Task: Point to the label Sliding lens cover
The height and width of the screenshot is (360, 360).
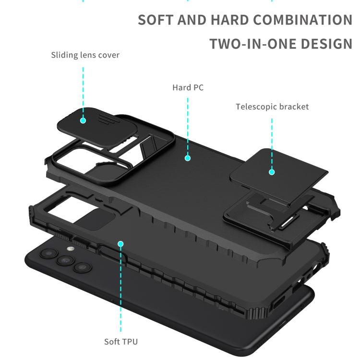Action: click(x=85, y=55)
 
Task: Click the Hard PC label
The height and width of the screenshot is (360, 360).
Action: click(x=188, y=87)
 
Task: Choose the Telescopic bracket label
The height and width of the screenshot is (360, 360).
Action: click(x=272, y=107)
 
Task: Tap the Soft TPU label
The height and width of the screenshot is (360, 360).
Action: click(x=121, y=342)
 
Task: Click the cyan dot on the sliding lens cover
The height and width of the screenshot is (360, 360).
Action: click(x=83, y=120)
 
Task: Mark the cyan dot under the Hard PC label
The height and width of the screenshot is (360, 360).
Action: click(x=188, y=158)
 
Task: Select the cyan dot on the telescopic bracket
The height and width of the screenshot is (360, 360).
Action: click(x=272, y=172)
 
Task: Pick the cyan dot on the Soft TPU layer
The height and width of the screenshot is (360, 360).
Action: click(x=120, y=244)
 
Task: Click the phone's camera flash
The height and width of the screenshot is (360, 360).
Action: click(x=71, y=249)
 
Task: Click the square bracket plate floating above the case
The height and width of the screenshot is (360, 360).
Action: click(x=278, y=176)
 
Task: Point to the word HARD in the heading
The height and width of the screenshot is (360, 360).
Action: click(x=230, y=20)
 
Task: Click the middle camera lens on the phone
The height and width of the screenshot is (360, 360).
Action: click(x=65, y=260)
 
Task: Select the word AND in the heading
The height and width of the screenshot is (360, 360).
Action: click(x=192, y=20)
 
